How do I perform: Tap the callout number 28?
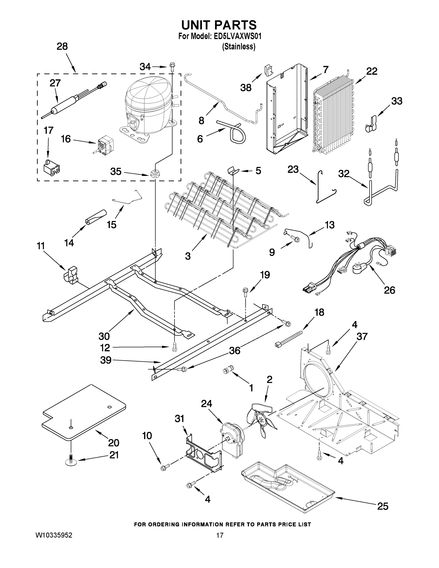tap(62, 47)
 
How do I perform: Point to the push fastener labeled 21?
tap(71, 460)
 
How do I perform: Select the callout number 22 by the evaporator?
tap(372, 71)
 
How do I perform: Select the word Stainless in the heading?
tap(239, 47)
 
